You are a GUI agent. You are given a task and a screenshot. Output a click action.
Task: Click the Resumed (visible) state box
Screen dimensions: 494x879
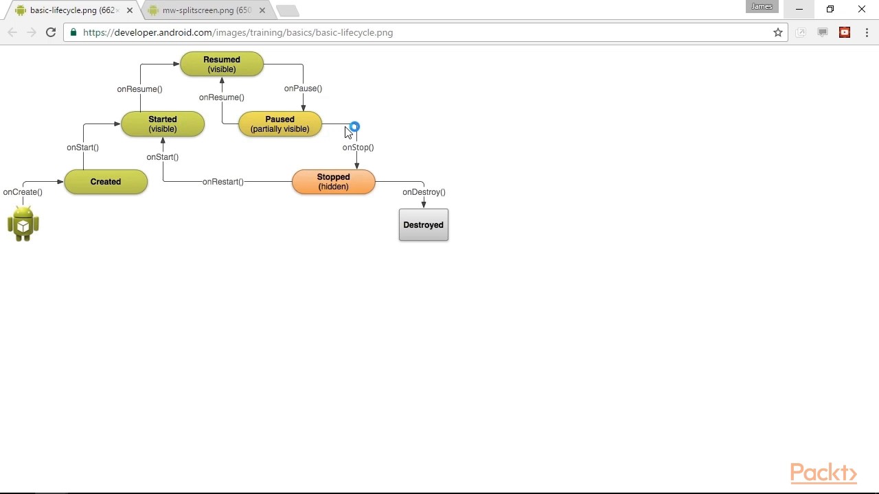tap(222, 64)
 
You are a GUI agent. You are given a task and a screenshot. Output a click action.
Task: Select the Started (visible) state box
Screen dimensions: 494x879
tap(163, 124)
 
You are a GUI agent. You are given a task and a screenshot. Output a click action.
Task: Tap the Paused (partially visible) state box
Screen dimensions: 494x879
tap(279, 124)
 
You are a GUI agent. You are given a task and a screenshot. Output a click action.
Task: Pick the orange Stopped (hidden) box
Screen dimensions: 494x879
tap(334, 182)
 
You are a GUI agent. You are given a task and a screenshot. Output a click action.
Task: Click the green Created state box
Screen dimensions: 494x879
tap(106, 182)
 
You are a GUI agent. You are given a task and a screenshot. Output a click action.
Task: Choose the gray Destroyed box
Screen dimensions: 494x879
tap(423, 225)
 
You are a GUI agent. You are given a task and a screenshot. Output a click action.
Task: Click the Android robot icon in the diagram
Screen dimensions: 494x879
tap(23, 224)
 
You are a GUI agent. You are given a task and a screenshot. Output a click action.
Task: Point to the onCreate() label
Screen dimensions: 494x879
tap(23, 192)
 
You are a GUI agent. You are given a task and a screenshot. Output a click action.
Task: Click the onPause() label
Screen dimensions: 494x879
tap(303, 89)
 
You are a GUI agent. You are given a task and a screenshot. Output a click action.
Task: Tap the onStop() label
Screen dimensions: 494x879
tap(358, 148)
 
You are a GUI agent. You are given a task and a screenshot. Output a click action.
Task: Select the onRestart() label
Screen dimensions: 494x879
tap(223, 182)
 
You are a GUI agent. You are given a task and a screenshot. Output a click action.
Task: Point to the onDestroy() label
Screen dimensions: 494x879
tap(424, 192)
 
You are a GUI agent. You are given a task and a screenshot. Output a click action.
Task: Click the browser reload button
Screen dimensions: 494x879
tap(51, 32)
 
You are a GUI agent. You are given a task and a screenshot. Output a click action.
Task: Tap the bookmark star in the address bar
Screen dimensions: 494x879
tap(778, 32)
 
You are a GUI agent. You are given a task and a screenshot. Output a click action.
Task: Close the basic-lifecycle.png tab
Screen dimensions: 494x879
tap(130, 10)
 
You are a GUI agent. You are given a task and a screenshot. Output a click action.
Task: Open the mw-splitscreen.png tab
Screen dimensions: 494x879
tap(206, 10)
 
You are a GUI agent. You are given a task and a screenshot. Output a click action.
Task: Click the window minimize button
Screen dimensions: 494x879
tap(799, 10)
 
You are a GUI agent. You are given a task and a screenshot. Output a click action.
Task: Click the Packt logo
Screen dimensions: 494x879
tap(823, 473)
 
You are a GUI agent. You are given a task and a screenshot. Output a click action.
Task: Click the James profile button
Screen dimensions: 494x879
tap(762, 7)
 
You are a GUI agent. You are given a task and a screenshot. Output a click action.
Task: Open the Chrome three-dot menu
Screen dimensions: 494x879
tap(867, 32)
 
